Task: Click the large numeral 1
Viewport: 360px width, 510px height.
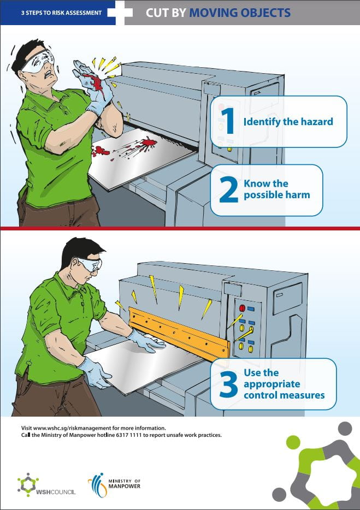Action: [x=228, y=121]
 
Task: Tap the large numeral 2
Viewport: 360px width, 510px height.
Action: [x=228, y=189]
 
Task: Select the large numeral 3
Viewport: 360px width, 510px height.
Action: [x=228, y=384]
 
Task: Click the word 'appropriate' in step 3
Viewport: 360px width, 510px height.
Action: [x=272, y=384]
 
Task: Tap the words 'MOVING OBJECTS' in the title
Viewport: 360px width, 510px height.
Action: [x=240, y=13]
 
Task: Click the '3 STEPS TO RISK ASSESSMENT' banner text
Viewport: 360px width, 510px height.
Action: [x=62, y=13]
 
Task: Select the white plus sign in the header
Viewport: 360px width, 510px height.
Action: [x=120, y=13]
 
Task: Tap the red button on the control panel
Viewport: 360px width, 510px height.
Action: [x=242, y=308]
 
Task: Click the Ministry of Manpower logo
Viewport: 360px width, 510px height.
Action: [x=114, y=485]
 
